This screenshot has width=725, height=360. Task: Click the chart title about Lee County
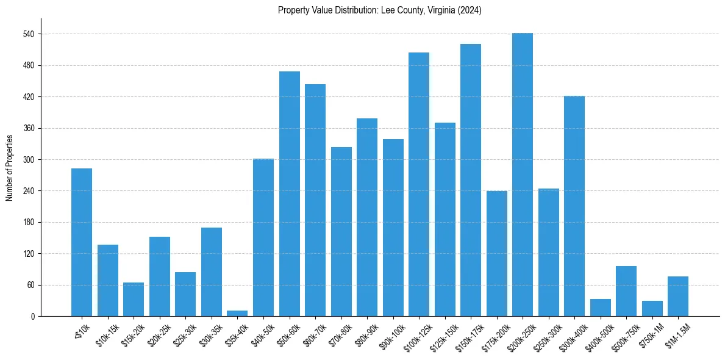[379, 10]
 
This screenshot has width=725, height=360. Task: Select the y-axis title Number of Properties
[9, 167]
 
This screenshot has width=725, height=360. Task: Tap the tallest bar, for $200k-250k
[522, 175]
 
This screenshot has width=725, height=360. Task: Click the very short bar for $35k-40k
[237, 313]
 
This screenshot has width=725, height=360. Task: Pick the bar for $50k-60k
[289, 194]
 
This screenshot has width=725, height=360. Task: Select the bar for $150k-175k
[470, 180]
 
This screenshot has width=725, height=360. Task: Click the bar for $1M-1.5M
[677, 297]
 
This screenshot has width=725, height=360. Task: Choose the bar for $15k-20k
[134, 300]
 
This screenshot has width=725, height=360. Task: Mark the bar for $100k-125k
[418, 184]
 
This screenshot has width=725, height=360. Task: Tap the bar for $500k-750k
[626, 291]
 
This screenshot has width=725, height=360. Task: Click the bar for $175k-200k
[496, 253]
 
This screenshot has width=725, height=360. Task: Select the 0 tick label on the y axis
[34, 317]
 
